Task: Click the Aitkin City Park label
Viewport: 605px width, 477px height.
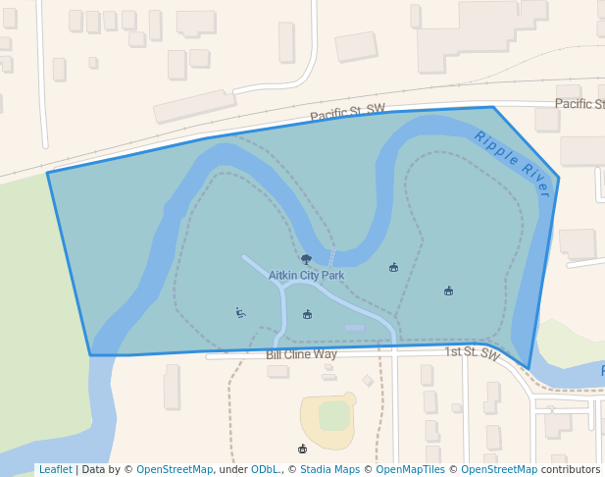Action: coord(306,276)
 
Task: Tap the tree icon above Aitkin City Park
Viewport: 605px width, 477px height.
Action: coord(306,259)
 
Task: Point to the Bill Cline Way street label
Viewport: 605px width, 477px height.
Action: coord(301,353)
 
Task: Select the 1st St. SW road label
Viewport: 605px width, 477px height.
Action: coord(472,352)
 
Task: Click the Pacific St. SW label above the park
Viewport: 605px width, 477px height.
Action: coord(347,114)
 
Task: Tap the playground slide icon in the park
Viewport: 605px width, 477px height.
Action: coord(239,313)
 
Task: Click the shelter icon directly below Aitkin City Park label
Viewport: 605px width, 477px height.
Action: coord(307,314)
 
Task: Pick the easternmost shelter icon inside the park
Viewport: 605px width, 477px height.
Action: coord(448,291)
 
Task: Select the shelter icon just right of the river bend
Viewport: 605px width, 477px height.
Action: coord(393,267)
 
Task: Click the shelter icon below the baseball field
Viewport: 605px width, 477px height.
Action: coord(302,449)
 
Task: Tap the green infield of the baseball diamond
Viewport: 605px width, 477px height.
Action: coord(334,415)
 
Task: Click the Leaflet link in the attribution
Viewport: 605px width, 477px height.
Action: coord(55,469)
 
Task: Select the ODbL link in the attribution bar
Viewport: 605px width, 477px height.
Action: coord(266,469)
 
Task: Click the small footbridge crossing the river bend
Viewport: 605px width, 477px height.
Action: coord(331,258)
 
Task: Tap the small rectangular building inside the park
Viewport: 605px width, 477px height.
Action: coord(354,327)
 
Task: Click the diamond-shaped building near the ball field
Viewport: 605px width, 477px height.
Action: coord(367,380)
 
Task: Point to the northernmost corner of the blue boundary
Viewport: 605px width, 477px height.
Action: coord(492,107)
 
